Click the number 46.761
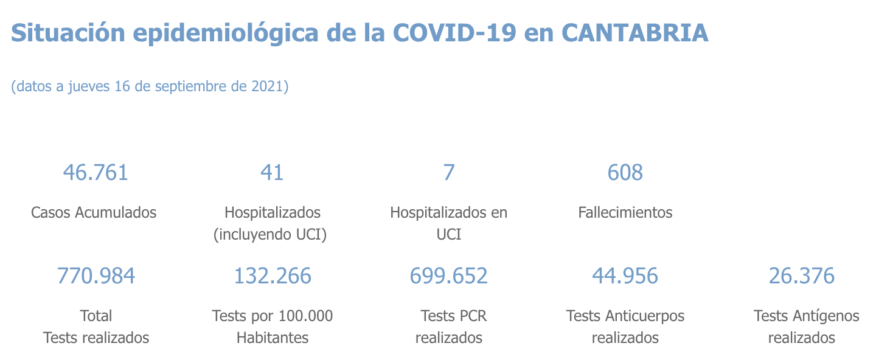tap(96, 173)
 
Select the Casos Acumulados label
tap(94, 212)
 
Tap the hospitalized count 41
tap(272, 173)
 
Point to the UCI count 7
tap(448, 173)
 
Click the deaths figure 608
tap(625, 173)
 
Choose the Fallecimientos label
tap(625, 212)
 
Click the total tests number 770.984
tap(96, 276)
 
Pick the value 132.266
tap(273, 276)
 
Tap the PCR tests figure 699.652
tap(449, 276)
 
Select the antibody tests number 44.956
tap(625, 276)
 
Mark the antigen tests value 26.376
tap(801, 276)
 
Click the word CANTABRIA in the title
tap(635, 33)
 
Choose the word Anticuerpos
tap(645, 316)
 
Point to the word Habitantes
tap(273, 337)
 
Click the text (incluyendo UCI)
tap(270, 234)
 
